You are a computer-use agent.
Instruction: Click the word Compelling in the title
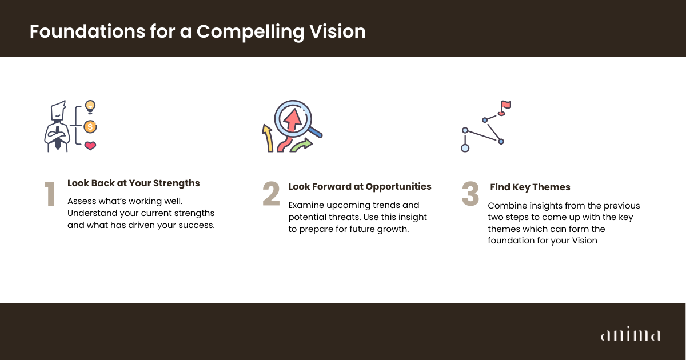[250, 32]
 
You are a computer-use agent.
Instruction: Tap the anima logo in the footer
[631, 334]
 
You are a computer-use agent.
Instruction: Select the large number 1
[50, 194]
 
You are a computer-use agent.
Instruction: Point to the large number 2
[271, 194]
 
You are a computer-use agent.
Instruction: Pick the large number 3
[470, 194]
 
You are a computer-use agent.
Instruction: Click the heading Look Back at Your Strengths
[134, 183]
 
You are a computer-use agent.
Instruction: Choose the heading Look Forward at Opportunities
[360, 186]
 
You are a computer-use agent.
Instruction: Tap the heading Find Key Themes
[530, 187]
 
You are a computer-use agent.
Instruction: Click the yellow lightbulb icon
[90, 107]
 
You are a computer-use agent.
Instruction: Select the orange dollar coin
[90, 126]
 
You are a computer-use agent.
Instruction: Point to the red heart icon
[90, 145]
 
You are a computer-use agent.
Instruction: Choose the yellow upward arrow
[268, 138]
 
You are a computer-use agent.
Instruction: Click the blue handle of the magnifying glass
[315, 132]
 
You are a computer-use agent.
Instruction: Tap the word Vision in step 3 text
[585, 241]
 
